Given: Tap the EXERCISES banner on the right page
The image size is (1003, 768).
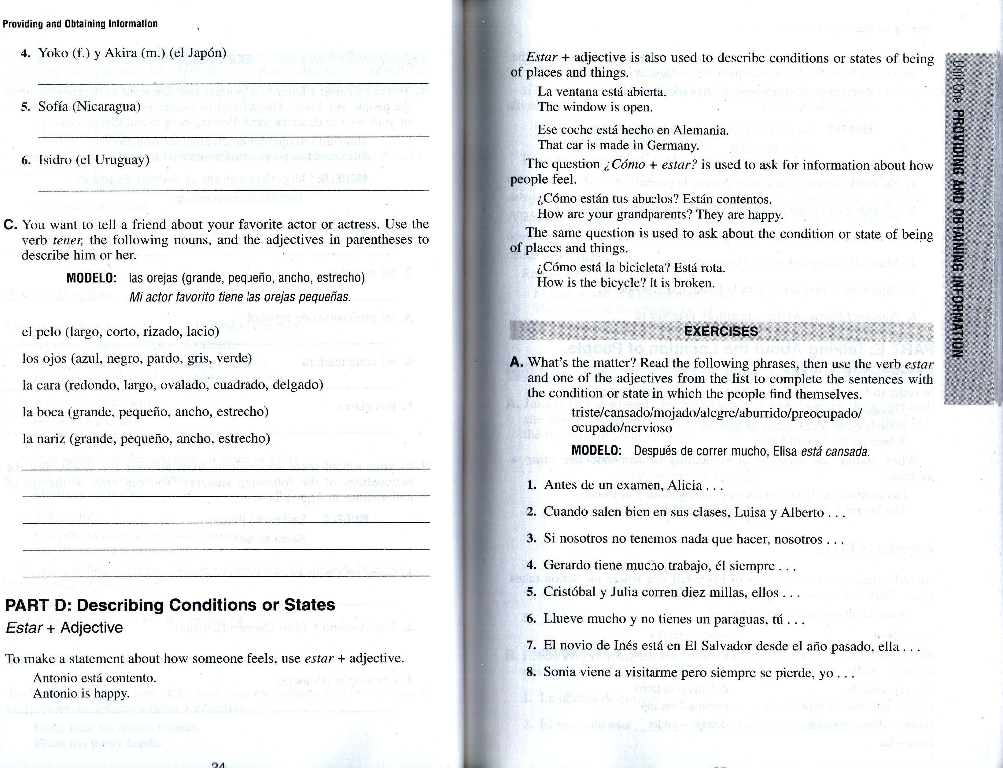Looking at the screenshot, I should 721,331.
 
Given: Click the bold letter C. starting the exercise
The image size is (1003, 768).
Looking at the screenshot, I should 10,225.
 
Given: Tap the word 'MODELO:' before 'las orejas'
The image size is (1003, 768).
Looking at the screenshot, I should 91,278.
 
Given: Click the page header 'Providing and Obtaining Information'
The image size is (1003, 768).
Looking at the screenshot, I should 80,24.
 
